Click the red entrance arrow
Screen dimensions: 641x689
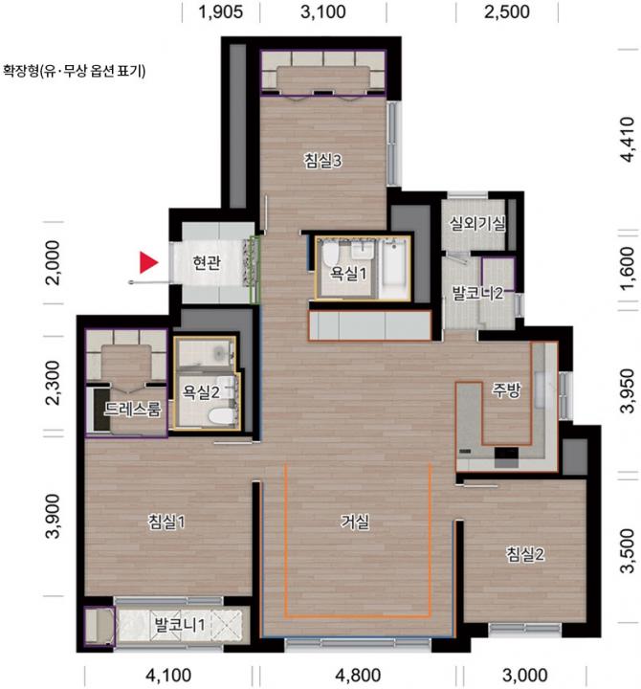pyautogui.click(x=148, y=262)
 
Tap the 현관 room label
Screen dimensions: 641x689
pyautogui.click(x=207, y=263)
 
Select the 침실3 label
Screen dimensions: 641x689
pyautogui.click(x=322, y=161)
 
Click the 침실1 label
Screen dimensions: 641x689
pyautogui.click(x=166, y=522)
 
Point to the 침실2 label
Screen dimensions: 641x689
pyautogui.click(x=524, y=554)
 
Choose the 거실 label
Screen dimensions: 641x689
pyautogui.click(x=355, y=522)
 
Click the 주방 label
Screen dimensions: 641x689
pyautogui.click(x=506, y=390)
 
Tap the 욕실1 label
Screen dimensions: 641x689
pyautogui.click(x=348, y=274)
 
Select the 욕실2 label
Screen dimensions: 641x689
pyautogui.click(x=201, y=391)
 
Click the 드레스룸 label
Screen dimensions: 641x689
pyautogui.click(x=132, y=410)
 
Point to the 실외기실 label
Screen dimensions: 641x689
pyautogui.click(x=476, y=224)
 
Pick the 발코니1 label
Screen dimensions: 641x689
pyautogui.click(x=180, y=624)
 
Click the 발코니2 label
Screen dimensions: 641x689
pyautogui.click(x=477, y=293)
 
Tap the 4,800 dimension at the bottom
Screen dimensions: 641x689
pyautogui.click(x=358, y=675)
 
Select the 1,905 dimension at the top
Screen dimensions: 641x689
pyautogui.click(x=221, y=11)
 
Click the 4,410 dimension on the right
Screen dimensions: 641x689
pyautogui.click(x=628, y=140)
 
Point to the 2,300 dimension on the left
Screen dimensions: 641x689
pyautogui.click(x=54, y=382)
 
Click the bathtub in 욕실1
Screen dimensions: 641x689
pyautogui.click(x=393, y=269)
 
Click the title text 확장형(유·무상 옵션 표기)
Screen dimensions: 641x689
pyautogui.click(x=75, y=71)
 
